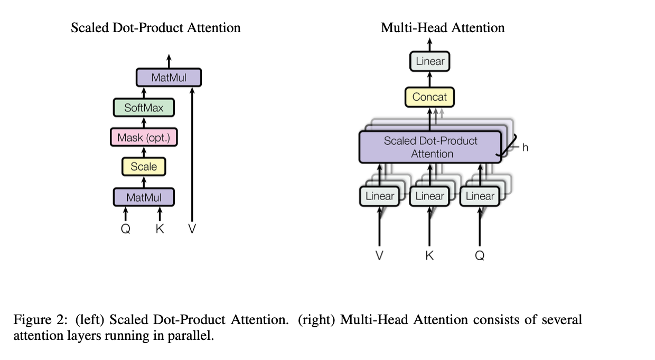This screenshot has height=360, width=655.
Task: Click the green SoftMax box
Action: coord(144,108)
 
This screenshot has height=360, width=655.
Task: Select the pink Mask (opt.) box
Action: coord(144,138)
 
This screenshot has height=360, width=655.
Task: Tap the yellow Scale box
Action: coord(144,167)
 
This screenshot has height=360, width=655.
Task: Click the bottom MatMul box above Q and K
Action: coord(144,197)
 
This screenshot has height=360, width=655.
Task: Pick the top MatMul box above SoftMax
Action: coord(169,78)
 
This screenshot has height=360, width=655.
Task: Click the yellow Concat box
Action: coord(429,97)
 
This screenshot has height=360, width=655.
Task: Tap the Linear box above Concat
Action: coord(430,61)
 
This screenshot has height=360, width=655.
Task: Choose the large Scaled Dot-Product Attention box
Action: coord(430,147)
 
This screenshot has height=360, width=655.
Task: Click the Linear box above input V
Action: coord(379,196)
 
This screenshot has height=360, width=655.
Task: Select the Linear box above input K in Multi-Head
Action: coord(429,196)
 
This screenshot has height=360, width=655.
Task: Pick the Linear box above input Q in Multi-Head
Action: coord(480,196)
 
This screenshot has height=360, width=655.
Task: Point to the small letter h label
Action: coord(525,147)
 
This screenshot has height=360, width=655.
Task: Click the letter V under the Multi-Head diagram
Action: coord(379,255)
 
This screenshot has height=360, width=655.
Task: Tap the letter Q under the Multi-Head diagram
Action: coord(480,255)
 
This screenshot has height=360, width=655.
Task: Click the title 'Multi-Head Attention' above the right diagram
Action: coord(443,27)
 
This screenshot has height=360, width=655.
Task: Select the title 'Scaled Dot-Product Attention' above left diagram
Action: coord(156,27)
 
